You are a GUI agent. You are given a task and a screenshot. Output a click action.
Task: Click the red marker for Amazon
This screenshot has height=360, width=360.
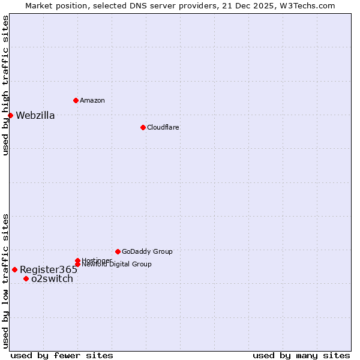(x=76, y=100)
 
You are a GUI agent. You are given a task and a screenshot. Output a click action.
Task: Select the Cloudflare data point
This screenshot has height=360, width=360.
(x=143, y=127)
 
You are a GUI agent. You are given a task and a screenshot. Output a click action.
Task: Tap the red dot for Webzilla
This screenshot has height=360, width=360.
(x=10, y=115)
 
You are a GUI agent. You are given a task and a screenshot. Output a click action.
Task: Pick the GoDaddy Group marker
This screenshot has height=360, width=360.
(x=118, y=251)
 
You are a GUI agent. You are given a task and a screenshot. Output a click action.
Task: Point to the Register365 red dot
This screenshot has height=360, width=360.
(x=14, y=269)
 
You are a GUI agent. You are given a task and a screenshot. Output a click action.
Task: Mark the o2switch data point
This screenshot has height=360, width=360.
(x=26, y=278)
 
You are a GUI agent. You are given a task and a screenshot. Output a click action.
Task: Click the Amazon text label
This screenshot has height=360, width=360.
(x=92, y=100)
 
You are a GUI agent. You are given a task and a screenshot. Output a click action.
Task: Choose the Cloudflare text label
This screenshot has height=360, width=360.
(x=163, y=127)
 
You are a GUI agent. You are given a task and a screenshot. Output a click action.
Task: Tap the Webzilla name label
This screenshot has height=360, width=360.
(x=35, y=116)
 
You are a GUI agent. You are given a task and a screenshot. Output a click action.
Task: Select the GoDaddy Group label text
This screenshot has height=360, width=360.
(x=147, y=251)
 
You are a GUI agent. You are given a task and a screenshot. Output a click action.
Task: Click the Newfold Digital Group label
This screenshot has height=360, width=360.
(x=116, y=264)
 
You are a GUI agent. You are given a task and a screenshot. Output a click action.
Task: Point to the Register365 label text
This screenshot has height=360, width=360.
(x=49, y=269)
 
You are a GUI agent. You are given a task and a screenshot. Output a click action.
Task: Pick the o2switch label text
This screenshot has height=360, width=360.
(x=52, y=278)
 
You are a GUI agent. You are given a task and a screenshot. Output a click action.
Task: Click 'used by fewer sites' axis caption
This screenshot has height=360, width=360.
(x=62, y=355)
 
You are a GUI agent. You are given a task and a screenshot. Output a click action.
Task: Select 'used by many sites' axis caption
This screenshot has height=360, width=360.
(x=301, y=355)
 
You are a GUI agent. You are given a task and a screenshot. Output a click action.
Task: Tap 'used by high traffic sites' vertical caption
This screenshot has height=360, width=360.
(x=5, y=85)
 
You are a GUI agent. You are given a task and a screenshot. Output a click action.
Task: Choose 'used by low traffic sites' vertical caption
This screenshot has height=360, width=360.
(x=5, y=280)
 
